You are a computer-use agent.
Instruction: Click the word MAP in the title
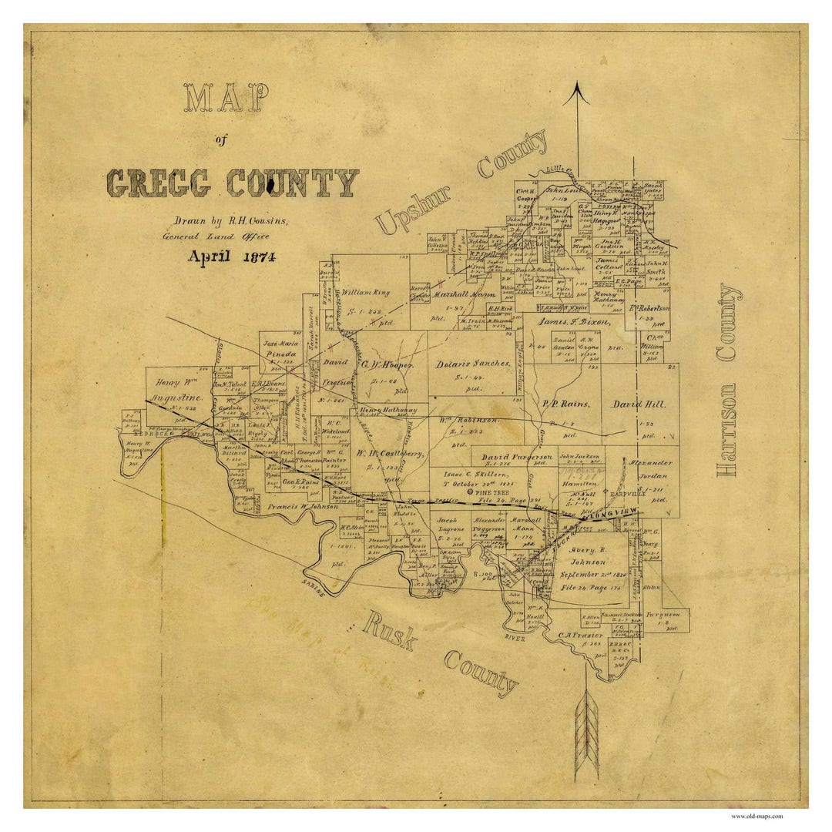(x=226, y=100)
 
